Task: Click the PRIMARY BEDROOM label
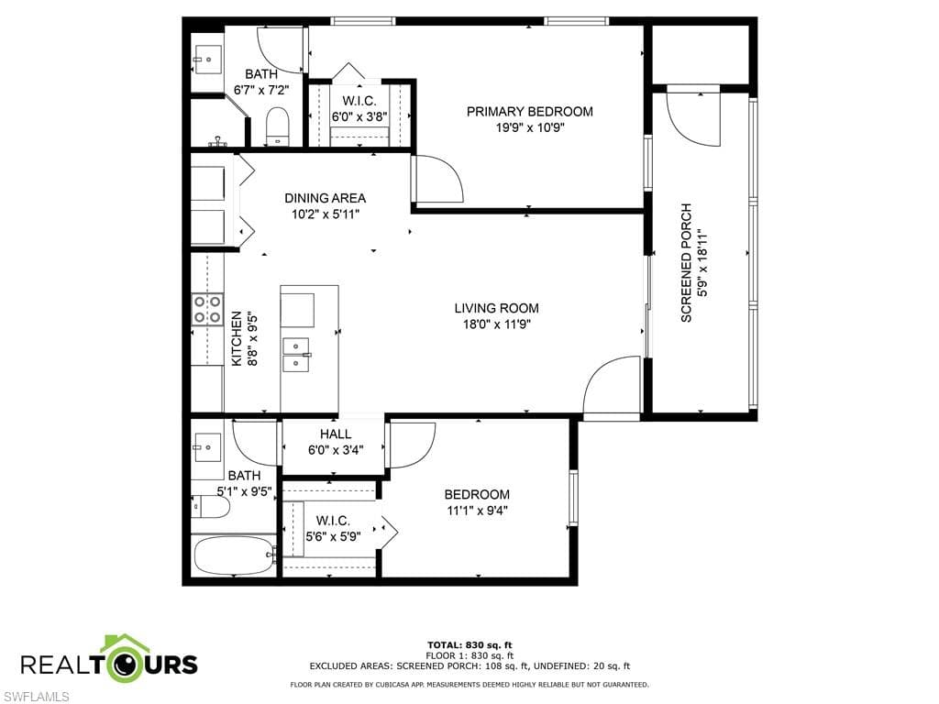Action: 529,112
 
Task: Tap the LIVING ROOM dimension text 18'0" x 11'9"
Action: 496,324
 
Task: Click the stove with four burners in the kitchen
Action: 207,309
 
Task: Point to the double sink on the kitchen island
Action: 297,355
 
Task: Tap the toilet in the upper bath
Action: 276,126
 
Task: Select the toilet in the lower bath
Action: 204,507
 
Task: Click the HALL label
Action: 336,434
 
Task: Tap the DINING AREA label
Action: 325,198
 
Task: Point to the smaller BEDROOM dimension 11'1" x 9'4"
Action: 476,511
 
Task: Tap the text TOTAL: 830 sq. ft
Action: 469,644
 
